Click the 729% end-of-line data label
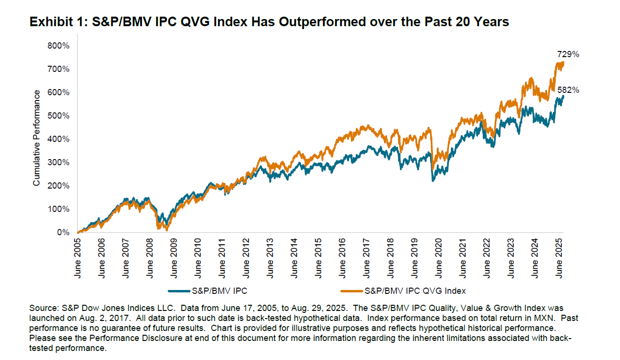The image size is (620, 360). tap(568, 54)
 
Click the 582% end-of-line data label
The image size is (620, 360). tap(568, 90)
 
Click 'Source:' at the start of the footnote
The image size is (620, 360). tap(42, 309)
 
